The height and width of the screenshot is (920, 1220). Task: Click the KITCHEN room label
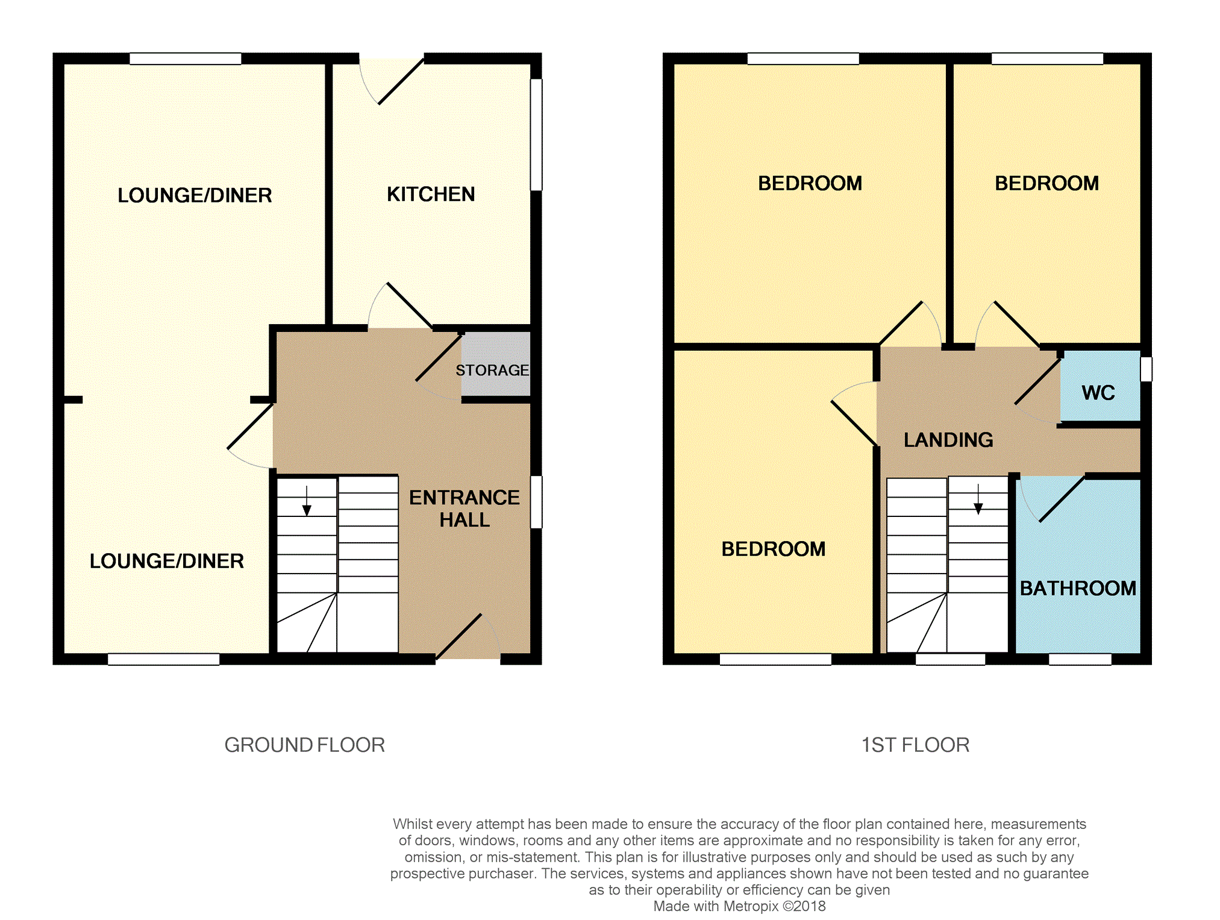431,194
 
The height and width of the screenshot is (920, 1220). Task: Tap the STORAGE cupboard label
492,370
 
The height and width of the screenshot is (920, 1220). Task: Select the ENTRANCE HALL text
465,509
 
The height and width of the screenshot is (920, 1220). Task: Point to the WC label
1098,393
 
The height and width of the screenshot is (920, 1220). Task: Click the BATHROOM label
1078,588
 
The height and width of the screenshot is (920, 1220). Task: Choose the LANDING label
948,440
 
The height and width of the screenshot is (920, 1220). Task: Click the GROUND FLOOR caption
304,745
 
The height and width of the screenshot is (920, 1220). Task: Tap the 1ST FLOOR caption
915,745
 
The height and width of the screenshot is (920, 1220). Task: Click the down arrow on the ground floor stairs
307,501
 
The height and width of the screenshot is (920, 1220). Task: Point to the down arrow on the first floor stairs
978,499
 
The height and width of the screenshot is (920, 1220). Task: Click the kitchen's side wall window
536,135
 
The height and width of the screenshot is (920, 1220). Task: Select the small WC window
1146,369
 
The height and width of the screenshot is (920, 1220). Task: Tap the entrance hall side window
536,502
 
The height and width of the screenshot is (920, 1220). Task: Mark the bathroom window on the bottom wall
1080,659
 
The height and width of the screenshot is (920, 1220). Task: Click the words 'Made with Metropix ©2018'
739,906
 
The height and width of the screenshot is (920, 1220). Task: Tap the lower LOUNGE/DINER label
167,561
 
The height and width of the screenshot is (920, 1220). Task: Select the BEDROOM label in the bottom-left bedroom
774,549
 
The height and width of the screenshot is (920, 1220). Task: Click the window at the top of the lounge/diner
186,58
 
